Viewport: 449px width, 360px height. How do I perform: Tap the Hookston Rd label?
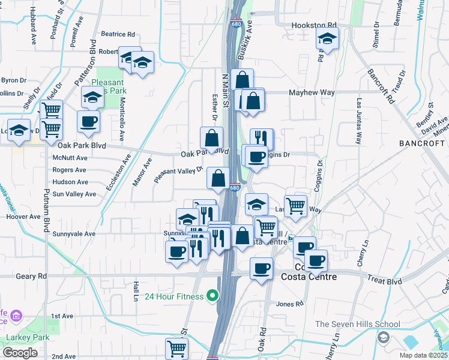point(314,26)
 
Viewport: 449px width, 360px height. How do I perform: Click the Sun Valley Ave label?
point(74,194)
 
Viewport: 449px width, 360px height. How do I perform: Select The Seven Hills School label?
point(358,325)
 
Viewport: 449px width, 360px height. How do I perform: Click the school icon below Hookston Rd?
point(327,40)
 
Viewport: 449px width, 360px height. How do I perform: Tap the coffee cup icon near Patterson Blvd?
point(88,122)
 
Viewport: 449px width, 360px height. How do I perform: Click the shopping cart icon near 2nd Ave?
point(176,348)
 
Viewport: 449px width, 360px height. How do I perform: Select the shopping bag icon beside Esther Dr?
point(212,138)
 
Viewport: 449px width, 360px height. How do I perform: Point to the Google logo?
point(20,353)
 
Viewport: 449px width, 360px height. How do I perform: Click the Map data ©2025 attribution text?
point(423,355)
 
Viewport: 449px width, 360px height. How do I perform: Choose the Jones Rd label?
point(290,304)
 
